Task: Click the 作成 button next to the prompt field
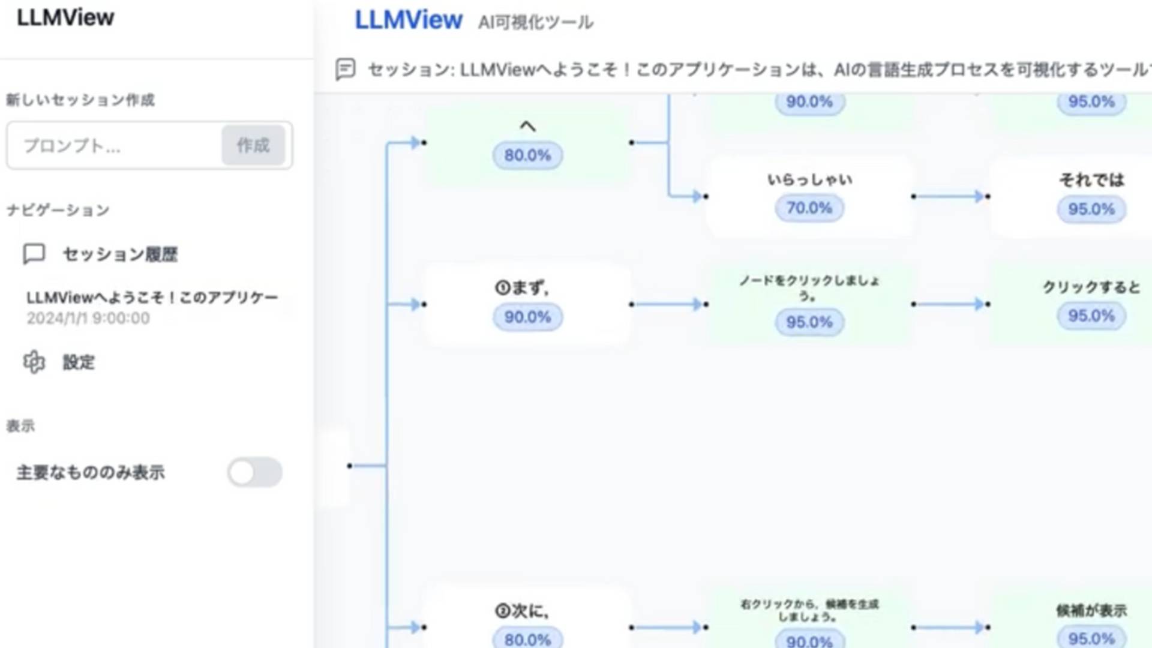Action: pyautogui.click(x=253, y=145)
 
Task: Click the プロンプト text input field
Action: pyautogui.click(x=114, y=146)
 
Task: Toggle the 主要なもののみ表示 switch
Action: pyautogui.click(x=254, y=472)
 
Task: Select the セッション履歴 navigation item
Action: pyautogui.click(x=119, y=254)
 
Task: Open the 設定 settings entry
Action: pyautogui.click(x=79, y=362)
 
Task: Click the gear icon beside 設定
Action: pyautogui.click(x=34, y=362)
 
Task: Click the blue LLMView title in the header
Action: pyautogui.click(x=408, y=20)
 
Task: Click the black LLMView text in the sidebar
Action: pyautogui.click(x=65, y=18)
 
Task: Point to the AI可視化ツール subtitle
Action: pyautogui.click(x=535, y=23)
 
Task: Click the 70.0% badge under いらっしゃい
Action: pyautogui.click(x=809, y=208)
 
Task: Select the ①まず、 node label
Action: pyautogui.click(x=521, y=288)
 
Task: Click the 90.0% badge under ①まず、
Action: pyautogui.click(x=527, y=317)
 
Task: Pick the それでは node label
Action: pyautogui.click(x=1091, y=180)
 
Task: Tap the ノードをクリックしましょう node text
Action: pyautogui.click(x=809, y=287)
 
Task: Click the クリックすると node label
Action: pyautogui.click(x=1091, y=287)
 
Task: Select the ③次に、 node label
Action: pyautogui.click(x=521, y=611)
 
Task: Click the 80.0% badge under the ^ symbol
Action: pyautogui.click(x=527, y=155)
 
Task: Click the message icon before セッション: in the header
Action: pyautogui.click(x=346, y=70)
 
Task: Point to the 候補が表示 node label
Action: pyautogui.click(x=1091, y=611)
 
